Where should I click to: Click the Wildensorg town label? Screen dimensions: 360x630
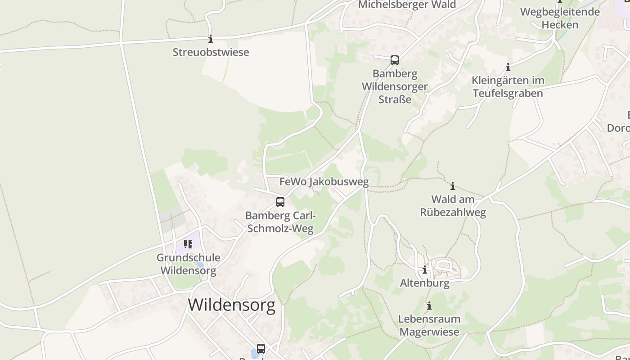coord(231,305)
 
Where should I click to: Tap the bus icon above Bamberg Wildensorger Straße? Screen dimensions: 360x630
coord(395,60)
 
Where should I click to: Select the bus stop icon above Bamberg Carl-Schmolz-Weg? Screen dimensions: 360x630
coord(280,202)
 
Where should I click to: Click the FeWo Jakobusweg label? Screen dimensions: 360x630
coord(324,182)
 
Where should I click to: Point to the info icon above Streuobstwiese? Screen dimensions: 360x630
coord(210,39)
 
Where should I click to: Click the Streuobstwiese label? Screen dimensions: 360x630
coord(211,52)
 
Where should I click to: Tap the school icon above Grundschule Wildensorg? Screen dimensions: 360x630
coord(188,244)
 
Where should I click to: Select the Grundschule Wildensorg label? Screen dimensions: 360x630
coord(189,264)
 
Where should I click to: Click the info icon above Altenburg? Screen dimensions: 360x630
coord(424,270)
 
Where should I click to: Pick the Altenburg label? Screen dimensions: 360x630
coord(425,283)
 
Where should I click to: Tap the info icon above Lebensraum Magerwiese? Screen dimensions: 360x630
coord(429,306)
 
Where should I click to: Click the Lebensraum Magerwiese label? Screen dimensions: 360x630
coord(429,325)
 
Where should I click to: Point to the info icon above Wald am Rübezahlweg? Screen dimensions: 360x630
coord(453,186)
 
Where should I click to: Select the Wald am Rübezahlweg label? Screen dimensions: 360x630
coord(453,206)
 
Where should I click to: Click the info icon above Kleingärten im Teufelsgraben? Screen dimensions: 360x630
coord(508,67)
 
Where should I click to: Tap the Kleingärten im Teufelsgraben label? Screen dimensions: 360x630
coord(508,87)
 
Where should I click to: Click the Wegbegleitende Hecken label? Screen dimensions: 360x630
coord(560,18)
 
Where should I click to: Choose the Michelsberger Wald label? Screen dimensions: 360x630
coord(407,5)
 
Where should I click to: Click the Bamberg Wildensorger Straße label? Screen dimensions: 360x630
coord(395,86)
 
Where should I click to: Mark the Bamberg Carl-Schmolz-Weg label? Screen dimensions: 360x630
coord(280,222)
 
